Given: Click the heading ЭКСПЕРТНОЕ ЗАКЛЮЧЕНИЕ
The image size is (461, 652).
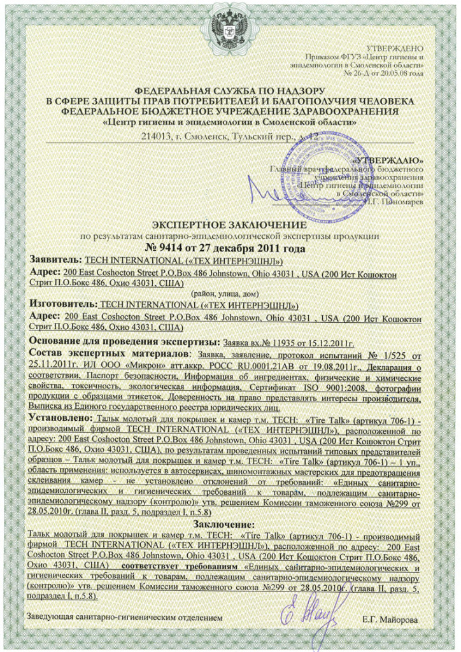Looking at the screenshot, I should [x=230, y=225].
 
